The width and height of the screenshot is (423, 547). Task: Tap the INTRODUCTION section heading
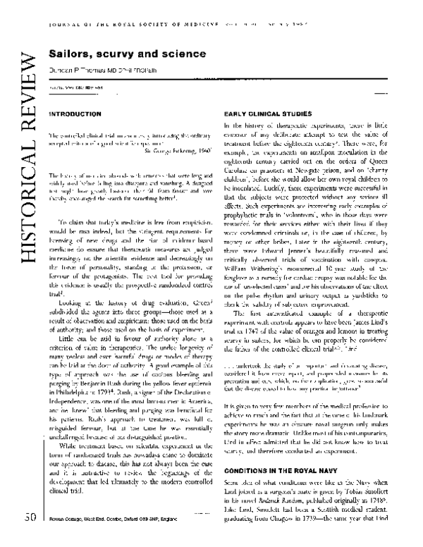[70, 113]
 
